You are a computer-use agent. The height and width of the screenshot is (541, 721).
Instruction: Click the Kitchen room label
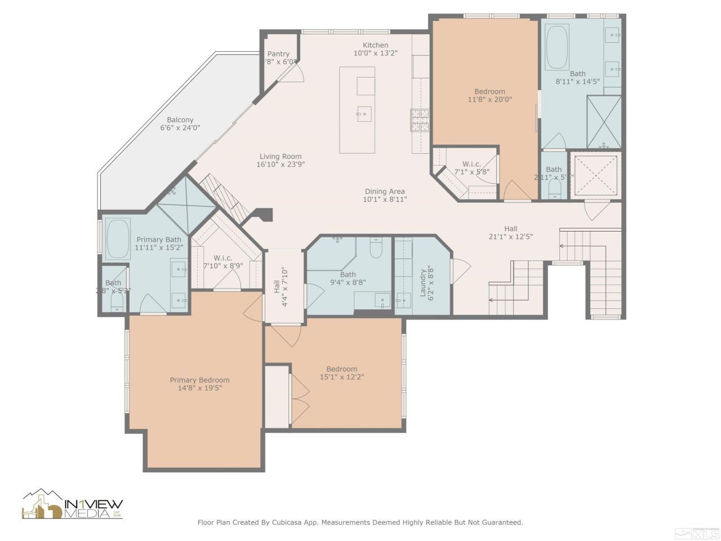(x=375, y=45)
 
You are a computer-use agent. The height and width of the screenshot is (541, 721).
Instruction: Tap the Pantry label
(x=278, y=54)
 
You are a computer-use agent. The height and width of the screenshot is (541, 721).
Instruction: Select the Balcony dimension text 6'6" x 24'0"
(x=180, y=128)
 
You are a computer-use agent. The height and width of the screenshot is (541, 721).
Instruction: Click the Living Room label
(x=281, y=157)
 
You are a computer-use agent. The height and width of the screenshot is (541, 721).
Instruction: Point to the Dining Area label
(x=385, y=192)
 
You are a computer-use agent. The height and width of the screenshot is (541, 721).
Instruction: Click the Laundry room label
(x=422, y=281)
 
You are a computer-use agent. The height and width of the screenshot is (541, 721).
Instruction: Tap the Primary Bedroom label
(x=199, y=380)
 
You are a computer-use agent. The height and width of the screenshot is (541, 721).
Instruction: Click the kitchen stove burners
(x=420, y=119)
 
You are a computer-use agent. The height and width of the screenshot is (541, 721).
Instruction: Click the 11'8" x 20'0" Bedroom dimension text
(x=489, y=100)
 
